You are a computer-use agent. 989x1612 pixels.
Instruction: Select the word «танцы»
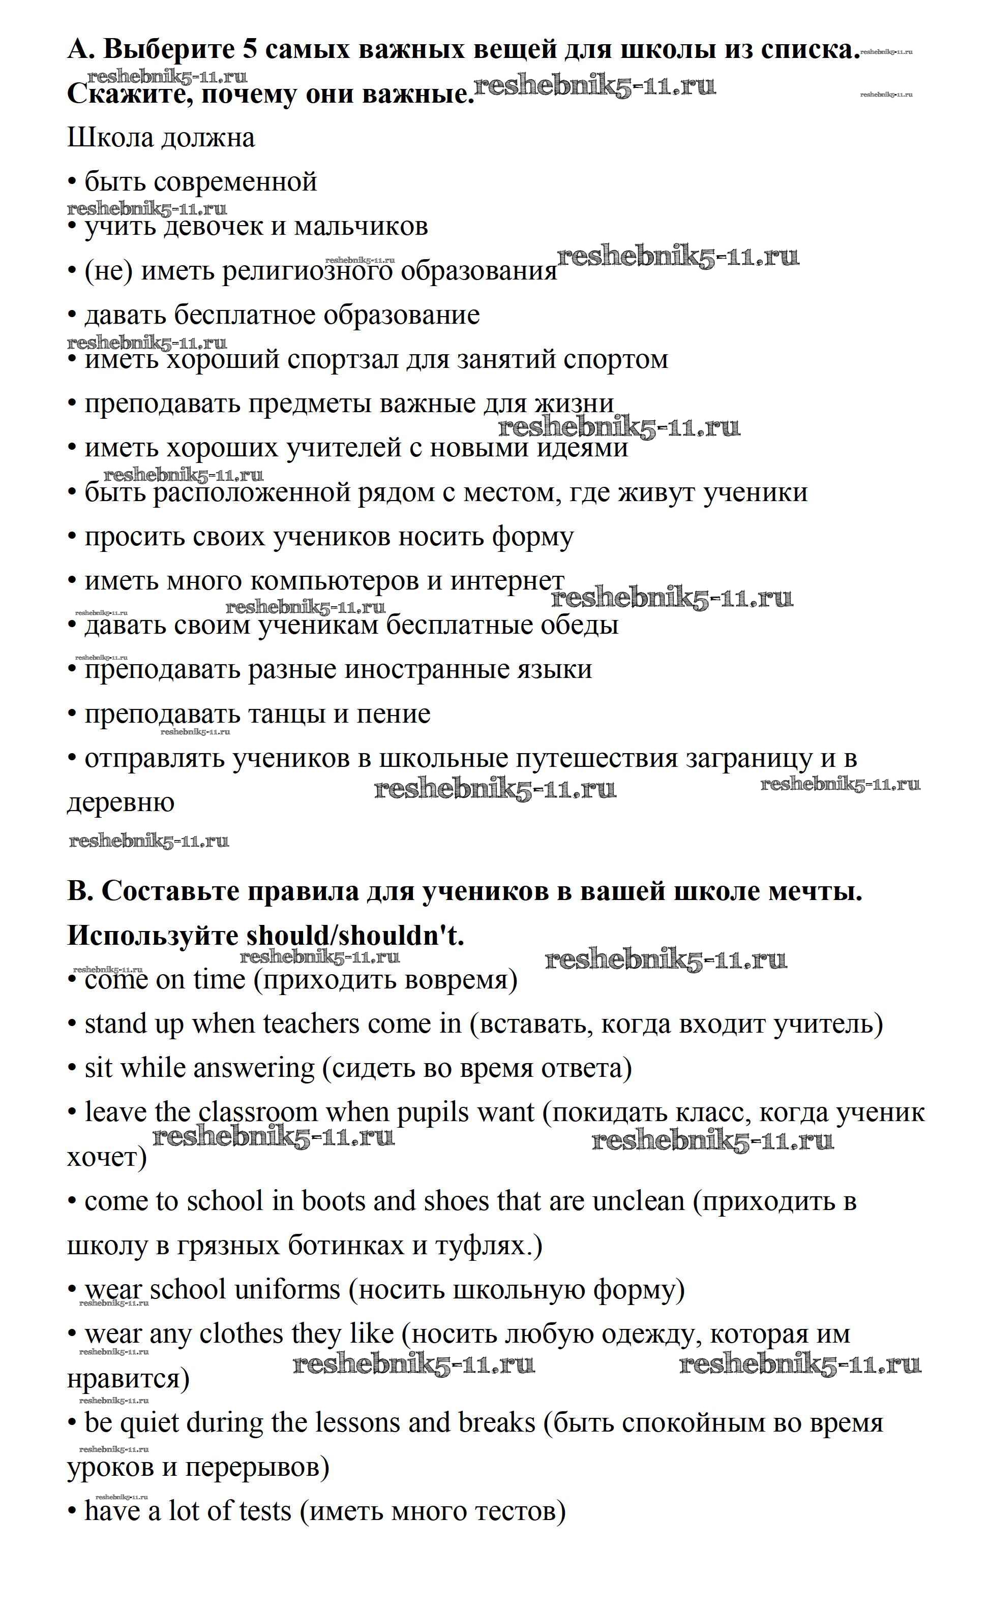point(286,714)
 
